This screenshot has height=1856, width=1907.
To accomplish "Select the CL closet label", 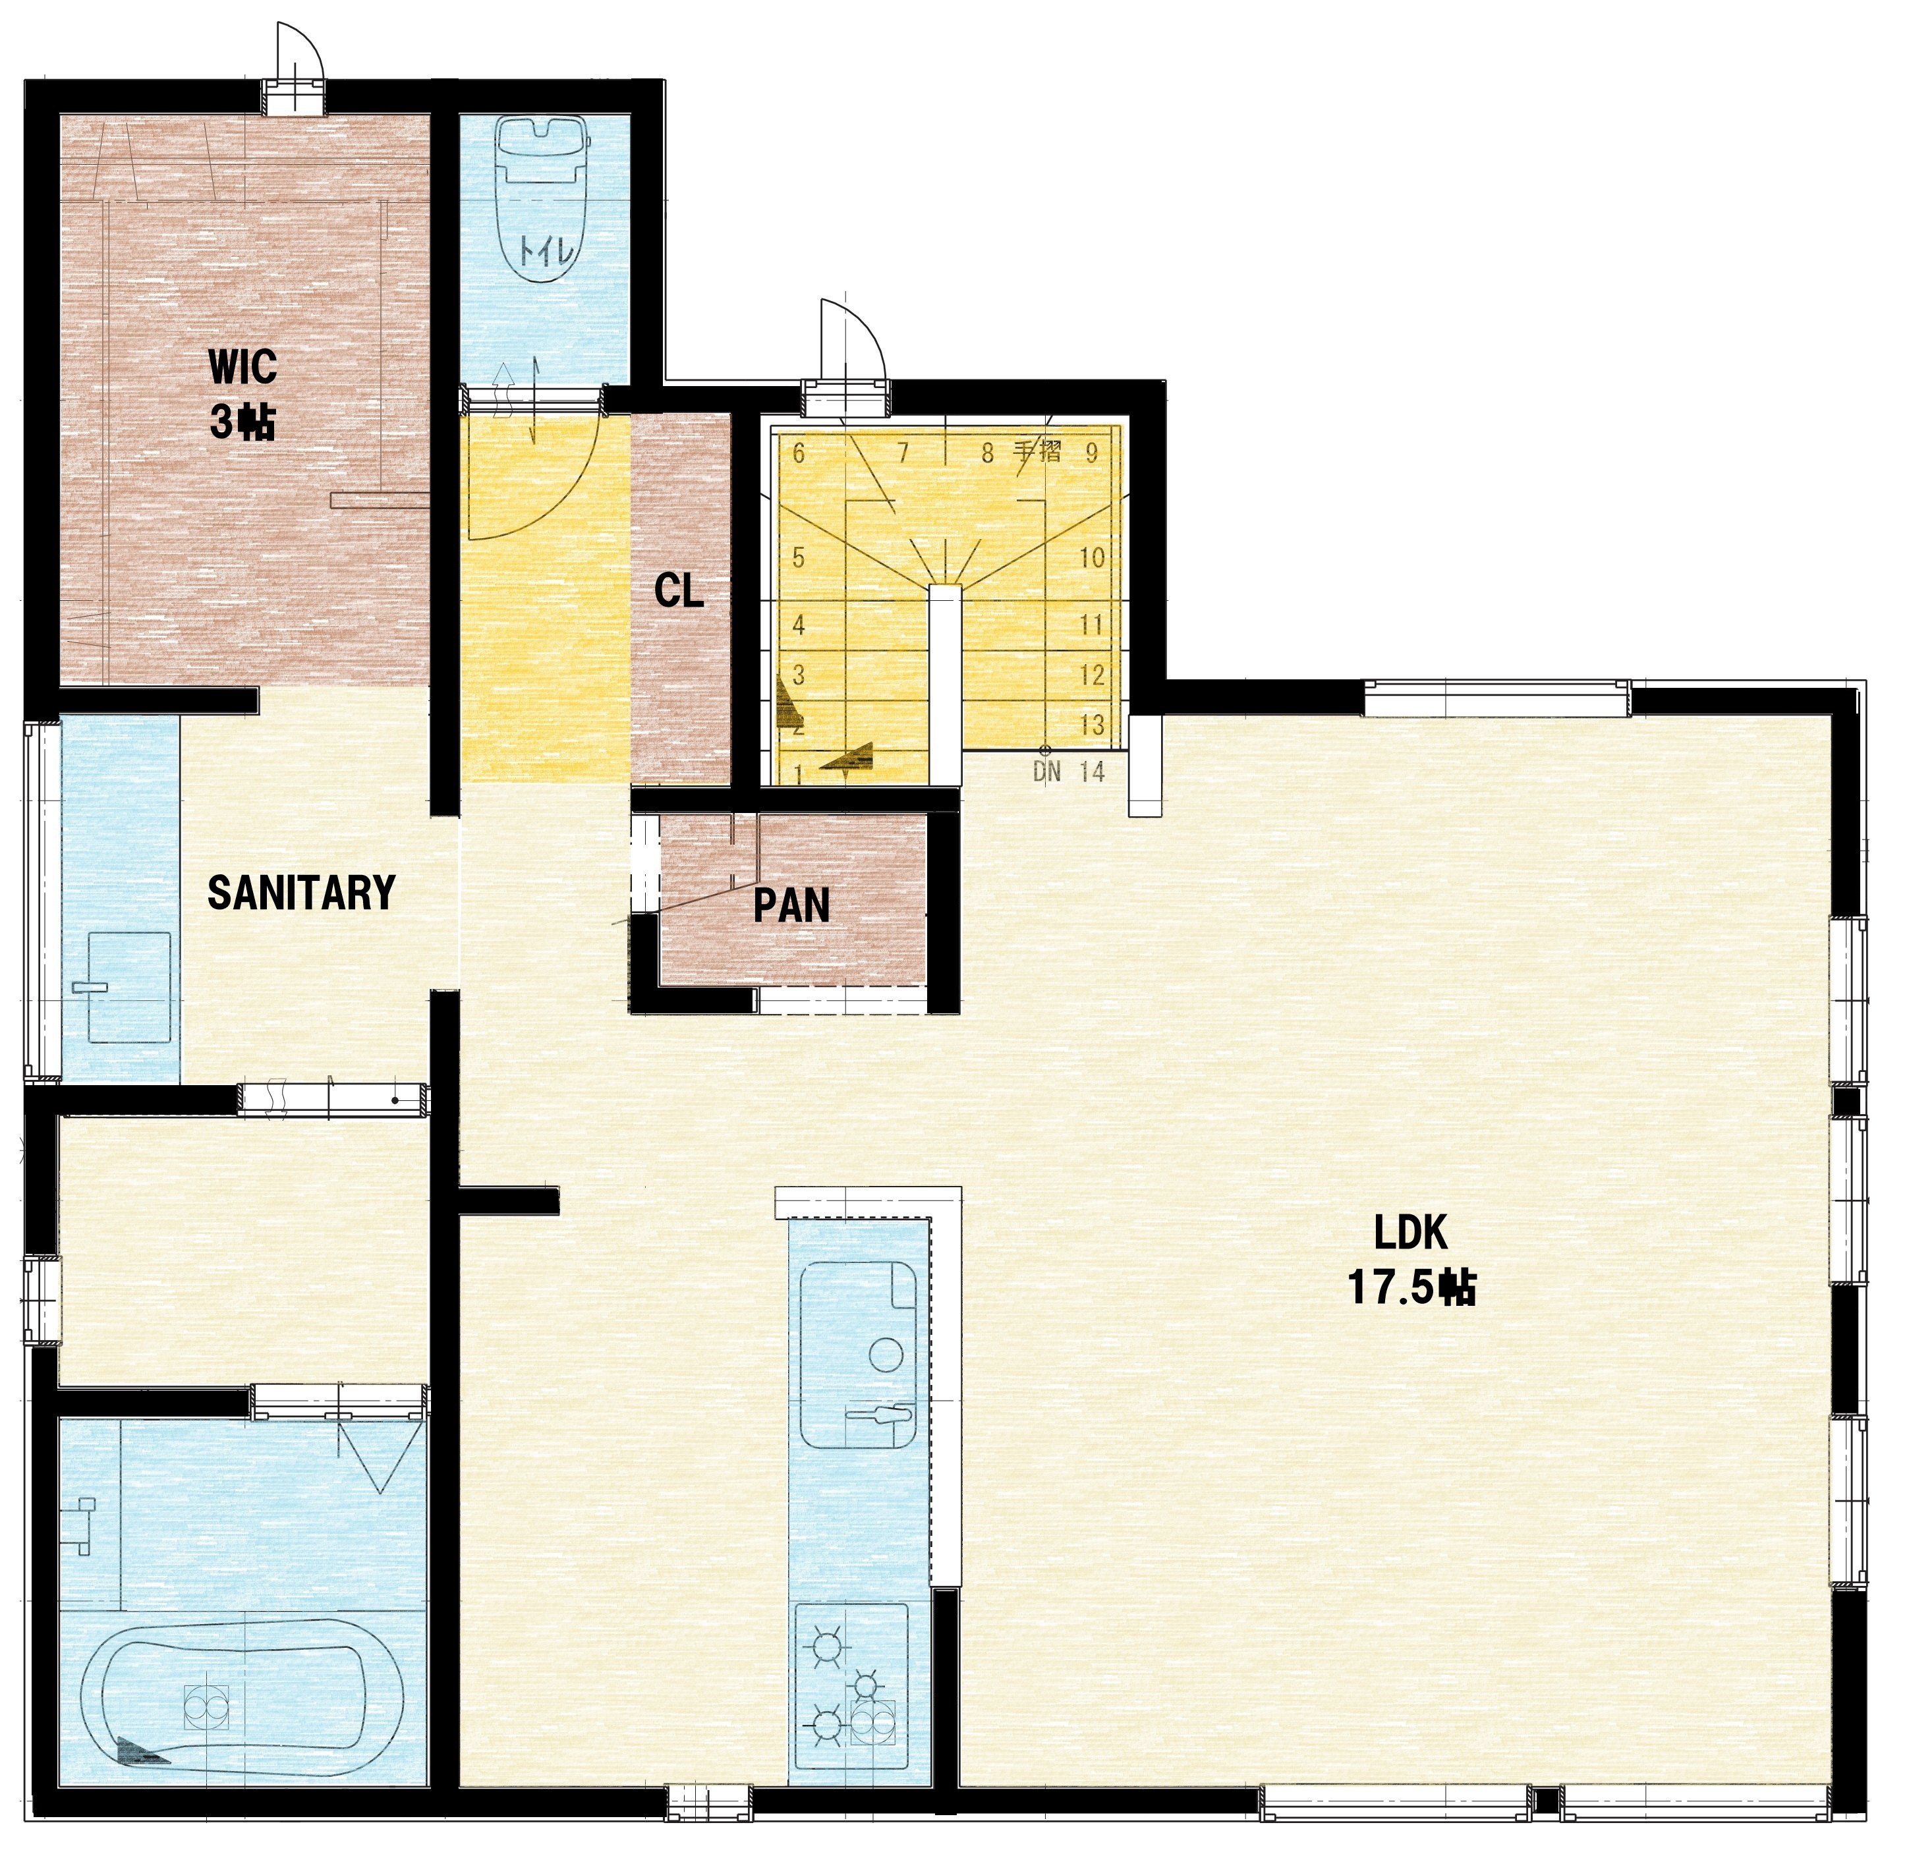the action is point(679,591).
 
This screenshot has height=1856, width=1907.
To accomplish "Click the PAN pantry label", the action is point(791,905).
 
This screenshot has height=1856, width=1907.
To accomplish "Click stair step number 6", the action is point(799,453).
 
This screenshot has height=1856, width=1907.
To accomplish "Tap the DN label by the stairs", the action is point(1046,772).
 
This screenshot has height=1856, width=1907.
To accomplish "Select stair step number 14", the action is point(1093,772).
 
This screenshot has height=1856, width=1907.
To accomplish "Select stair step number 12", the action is point(1093,675).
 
